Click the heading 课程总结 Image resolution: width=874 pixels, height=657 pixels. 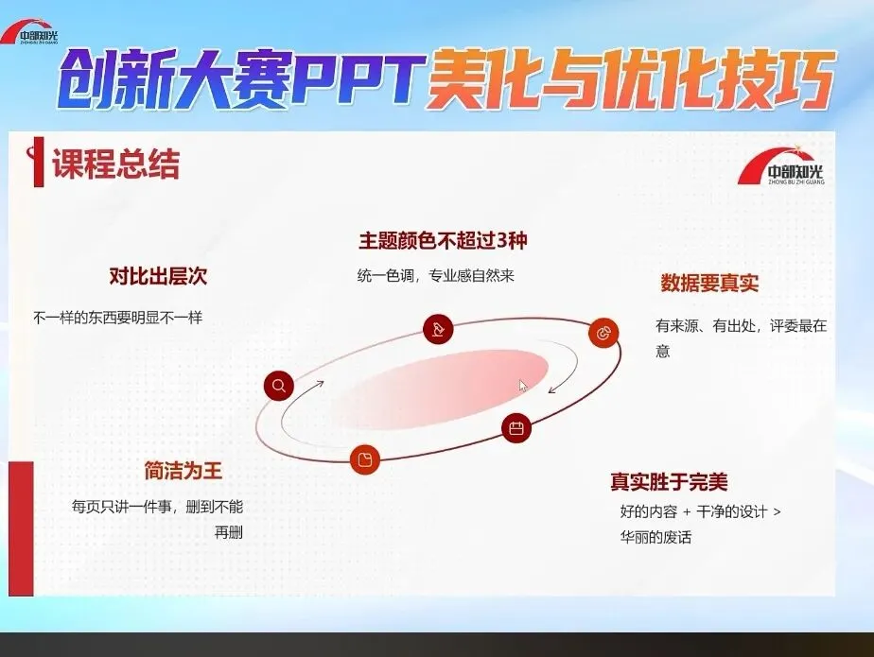click(116, 164)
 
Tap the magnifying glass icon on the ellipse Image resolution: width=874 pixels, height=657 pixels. click(279, 386)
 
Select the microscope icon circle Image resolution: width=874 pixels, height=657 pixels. click(438, 329)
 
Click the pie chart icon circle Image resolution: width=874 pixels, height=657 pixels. click(603, 334)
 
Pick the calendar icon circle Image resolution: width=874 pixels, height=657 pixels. click(516, 428)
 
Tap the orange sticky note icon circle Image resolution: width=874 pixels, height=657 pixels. click(365, 459)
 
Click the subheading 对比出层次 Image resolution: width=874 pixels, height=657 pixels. click(158, 276)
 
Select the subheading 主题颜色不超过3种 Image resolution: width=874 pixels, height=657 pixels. click(443, 241)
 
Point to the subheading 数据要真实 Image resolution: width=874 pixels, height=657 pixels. click(709, 283)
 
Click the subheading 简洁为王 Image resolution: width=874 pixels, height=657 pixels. click(184, 471)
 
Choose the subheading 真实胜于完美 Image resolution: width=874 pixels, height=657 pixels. click(669, 481)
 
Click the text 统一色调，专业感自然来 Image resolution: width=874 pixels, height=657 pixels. click(435, 276)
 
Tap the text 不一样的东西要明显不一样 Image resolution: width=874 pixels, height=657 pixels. click(118, 318)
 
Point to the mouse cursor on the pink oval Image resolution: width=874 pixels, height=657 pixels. click(523, 386)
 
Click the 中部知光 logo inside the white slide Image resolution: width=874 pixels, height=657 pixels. click(781, 165)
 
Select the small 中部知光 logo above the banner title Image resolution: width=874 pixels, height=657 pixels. click(29, 32)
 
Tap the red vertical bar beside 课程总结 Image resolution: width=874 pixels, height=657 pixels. click(38, 163)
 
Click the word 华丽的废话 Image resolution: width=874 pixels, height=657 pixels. click(656, 537)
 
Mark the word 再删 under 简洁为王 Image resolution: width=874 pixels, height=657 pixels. click(229, 532)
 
